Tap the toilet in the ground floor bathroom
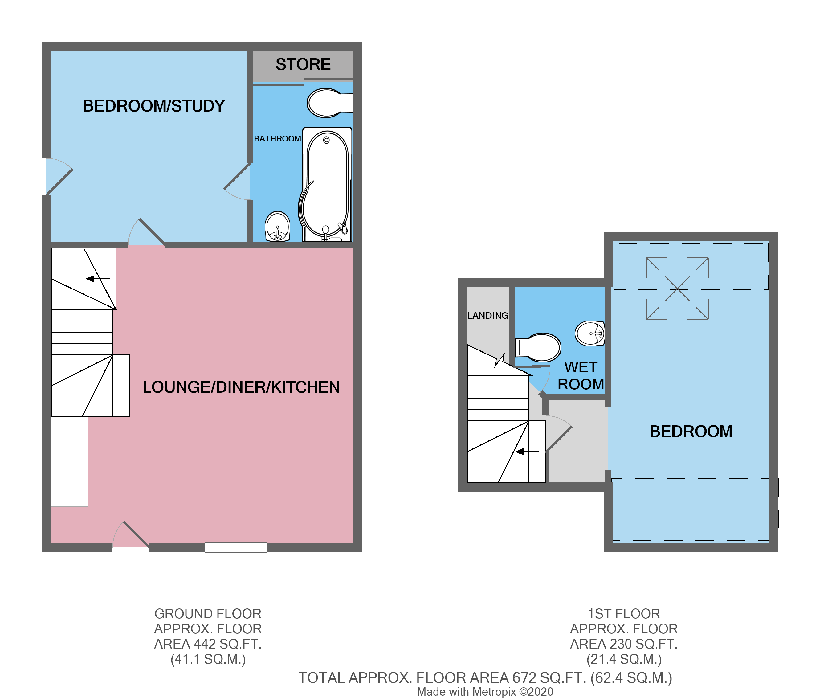[x=327, y=103]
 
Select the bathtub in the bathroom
[x=327, y=185]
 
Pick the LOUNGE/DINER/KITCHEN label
[x=241, y=387]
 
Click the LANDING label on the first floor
[x=487, y=315]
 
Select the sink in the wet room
[x=590, y=333]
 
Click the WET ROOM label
[x=581, y=376]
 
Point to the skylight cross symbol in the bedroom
[x=677, y=289]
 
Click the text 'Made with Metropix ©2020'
[x=485, y=692]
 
